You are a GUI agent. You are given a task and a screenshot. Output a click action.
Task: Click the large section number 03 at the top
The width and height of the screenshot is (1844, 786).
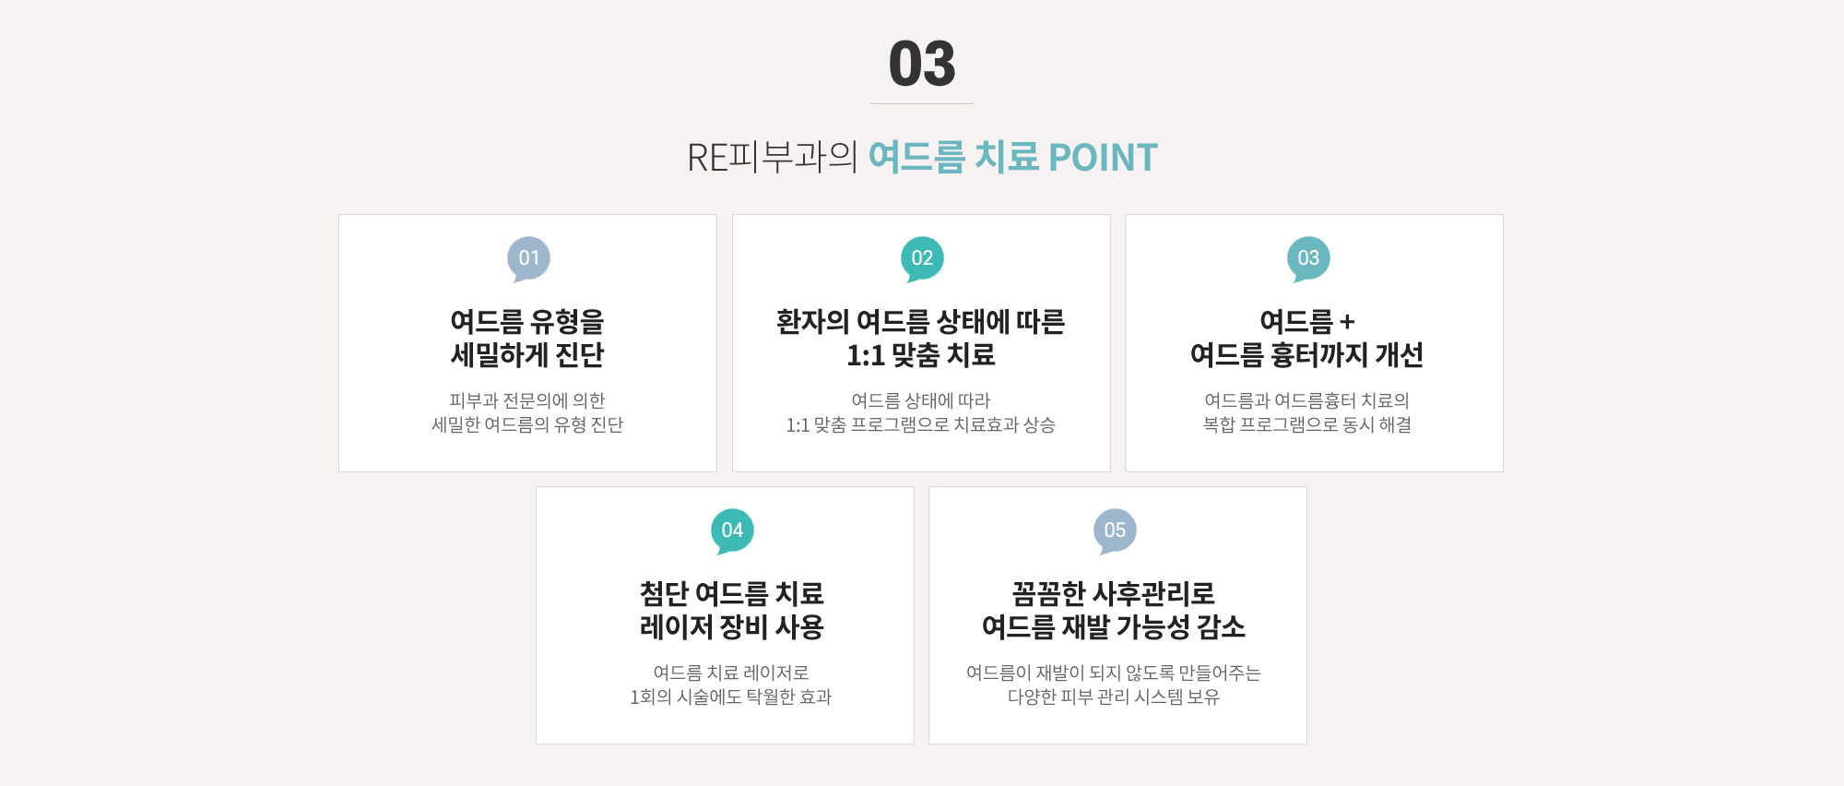click(922, 64)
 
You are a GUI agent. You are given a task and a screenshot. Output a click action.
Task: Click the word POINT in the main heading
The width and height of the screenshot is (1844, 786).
click(1103, 158)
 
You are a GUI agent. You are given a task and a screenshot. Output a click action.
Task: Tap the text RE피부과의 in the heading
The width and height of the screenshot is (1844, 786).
click(773, 158)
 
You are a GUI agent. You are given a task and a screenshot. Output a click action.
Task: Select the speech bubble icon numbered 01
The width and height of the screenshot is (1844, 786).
click(528, 259)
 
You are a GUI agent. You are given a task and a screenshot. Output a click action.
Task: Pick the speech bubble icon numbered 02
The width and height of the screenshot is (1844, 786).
click(922, 259)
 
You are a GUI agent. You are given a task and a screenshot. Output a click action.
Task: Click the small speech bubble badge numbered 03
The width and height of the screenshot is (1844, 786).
click(1308, 259)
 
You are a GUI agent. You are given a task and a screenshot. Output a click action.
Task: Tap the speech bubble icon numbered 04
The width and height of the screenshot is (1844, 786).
click(732, 531)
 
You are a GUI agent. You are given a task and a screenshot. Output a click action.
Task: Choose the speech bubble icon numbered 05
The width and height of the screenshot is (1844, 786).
click(1115, 531)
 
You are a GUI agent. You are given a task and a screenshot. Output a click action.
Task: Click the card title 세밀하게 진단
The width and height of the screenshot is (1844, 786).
click(527, 354)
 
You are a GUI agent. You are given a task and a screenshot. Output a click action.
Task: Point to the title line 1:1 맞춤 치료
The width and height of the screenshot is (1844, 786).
click(921, 354)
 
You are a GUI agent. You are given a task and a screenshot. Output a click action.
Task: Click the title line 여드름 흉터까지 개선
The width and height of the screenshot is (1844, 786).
click(1306, 354)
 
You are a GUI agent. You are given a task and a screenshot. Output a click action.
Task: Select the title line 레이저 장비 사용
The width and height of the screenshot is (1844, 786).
click(732, 626)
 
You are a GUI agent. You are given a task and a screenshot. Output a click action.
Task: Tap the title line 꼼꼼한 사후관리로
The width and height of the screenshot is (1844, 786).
click(1114, 593)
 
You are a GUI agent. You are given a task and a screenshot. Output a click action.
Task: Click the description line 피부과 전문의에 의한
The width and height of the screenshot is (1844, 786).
click(527, 400)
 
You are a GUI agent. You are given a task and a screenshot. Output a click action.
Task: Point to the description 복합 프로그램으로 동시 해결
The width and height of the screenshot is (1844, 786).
click(1307, 424)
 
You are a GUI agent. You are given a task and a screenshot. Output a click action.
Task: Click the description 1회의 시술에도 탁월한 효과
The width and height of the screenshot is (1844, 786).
click(731, 697)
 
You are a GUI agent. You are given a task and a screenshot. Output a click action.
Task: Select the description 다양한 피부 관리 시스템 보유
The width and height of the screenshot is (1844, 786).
click(1114, 697)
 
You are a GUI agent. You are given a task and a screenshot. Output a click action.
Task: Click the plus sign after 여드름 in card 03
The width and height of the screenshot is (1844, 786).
click(1347, 322)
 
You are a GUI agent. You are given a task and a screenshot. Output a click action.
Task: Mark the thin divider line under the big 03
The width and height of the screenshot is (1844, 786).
click(922, 103)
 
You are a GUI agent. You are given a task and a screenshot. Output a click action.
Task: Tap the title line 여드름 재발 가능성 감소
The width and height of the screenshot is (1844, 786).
click(1114, 626)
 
